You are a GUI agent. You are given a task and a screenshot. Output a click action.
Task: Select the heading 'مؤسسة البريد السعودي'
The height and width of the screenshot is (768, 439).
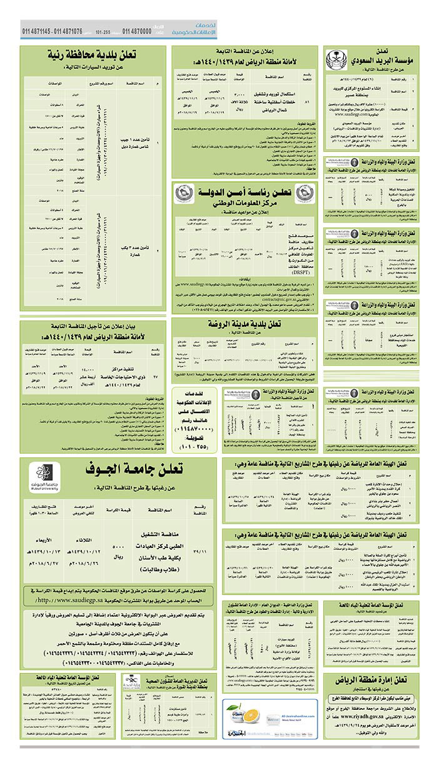[x=383, y=62]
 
